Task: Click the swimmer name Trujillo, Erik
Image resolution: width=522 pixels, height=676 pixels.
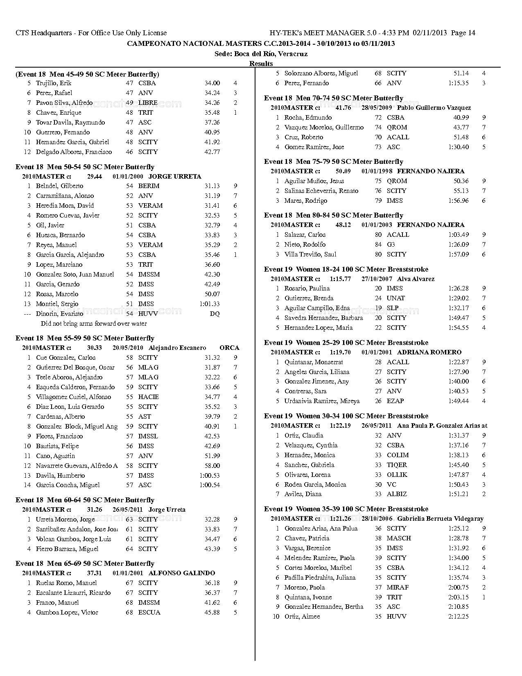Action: click(x=54, y=83)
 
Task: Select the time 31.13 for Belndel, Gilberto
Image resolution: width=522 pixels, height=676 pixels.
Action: click(x=212, y=186)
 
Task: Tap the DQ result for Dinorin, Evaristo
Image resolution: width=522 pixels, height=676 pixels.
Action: click(x=215, y=314)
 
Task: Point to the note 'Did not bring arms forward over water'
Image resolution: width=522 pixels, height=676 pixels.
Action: click(x=94, y=324)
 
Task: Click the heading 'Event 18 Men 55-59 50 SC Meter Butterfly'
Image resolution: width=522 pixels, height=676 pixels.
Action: click(x=85, y=338)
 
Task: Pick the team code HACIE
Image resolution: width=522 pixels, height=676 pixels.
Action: click(x=148, y=397)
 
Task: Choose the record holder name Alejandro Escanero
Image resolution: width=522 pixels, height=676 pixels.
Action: click(x=177, y=348)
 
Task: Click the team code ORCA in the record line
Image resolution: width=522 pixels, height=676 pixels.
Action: click(x=229, y=348)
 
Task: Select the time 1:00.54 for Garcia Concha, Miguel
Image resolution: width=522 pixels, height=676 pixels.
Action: click(x=210, y=485)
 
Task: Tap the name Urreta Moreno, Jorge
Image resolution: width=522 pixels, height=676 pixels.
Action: click(x=66, y=519)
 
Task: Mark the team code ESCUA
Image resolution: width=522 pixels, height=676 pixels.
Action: click(x=149, y=612)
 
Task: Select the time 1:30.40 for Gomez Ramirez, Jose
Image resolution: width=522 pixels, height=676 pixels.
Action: click(x=459, y=147)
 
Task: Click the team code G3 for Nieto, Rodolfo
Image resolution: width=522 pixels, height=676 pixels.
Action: click(x=391, y=245)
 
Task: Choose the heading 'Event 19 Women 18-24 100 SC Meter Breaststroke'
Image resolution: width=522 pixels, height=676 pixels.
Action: click(x=346, y=270)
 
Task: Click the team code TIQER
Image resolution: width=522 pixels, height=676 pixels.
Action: click(x=397, y=465)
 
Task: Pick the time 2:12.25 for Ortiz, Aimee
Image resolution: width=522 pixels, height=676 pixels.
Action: click(x=459, y=617)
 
